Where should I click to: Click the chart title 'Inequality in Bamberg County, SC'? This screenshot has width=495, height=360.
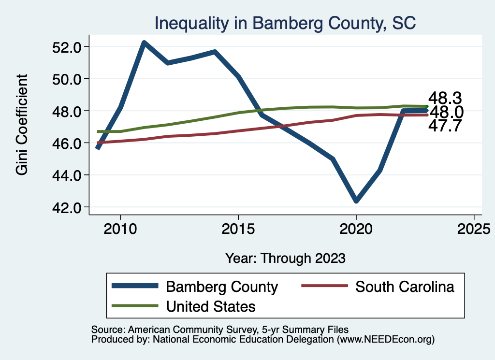point(285,23)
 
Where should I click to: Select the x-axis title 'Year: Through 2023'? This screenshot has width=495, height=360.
point(285,258)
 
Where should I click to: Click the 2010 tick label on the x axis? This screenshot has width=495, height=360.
point(120,229)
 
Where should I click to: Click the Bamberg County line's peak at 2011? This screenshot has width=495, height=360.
point(144,43)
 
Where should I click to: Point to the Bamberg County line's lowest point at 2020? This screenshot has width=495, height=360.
point(356,201)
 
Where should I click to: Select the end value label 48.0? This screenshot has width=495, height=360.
point(447,112)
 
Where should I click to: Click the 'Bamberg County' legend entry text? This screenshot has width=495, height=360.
point(222,287)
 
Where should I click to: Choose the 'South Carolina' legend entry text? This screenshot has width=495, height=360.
point(405,287)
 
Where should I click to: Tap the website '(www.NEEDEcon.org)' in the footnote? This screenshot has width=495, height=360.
point(385,340)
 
